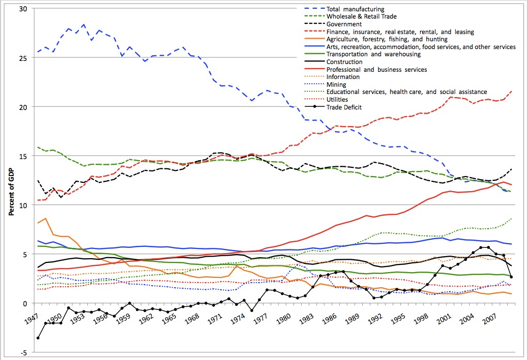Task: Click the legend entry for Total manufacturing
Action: [x=355, y=9]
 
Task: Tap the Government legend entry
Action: [x=344, y=24]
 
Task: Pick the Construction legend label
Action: [x=345, y=62]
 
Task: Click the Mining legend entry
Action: [x=336, y=84]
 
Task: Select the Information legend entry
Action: [x=343, y=77]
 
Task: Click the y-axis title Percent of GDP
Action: [x=11, y=180]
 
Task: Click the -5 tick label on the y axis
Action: [x=22, y=352]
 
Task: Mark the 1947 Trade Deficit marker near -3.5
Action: [x=38, y=338]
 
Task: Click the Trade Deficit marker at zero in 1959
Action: [x=129, y=303]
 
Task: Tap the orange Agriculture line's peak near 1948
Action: [x=45, y=218]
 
